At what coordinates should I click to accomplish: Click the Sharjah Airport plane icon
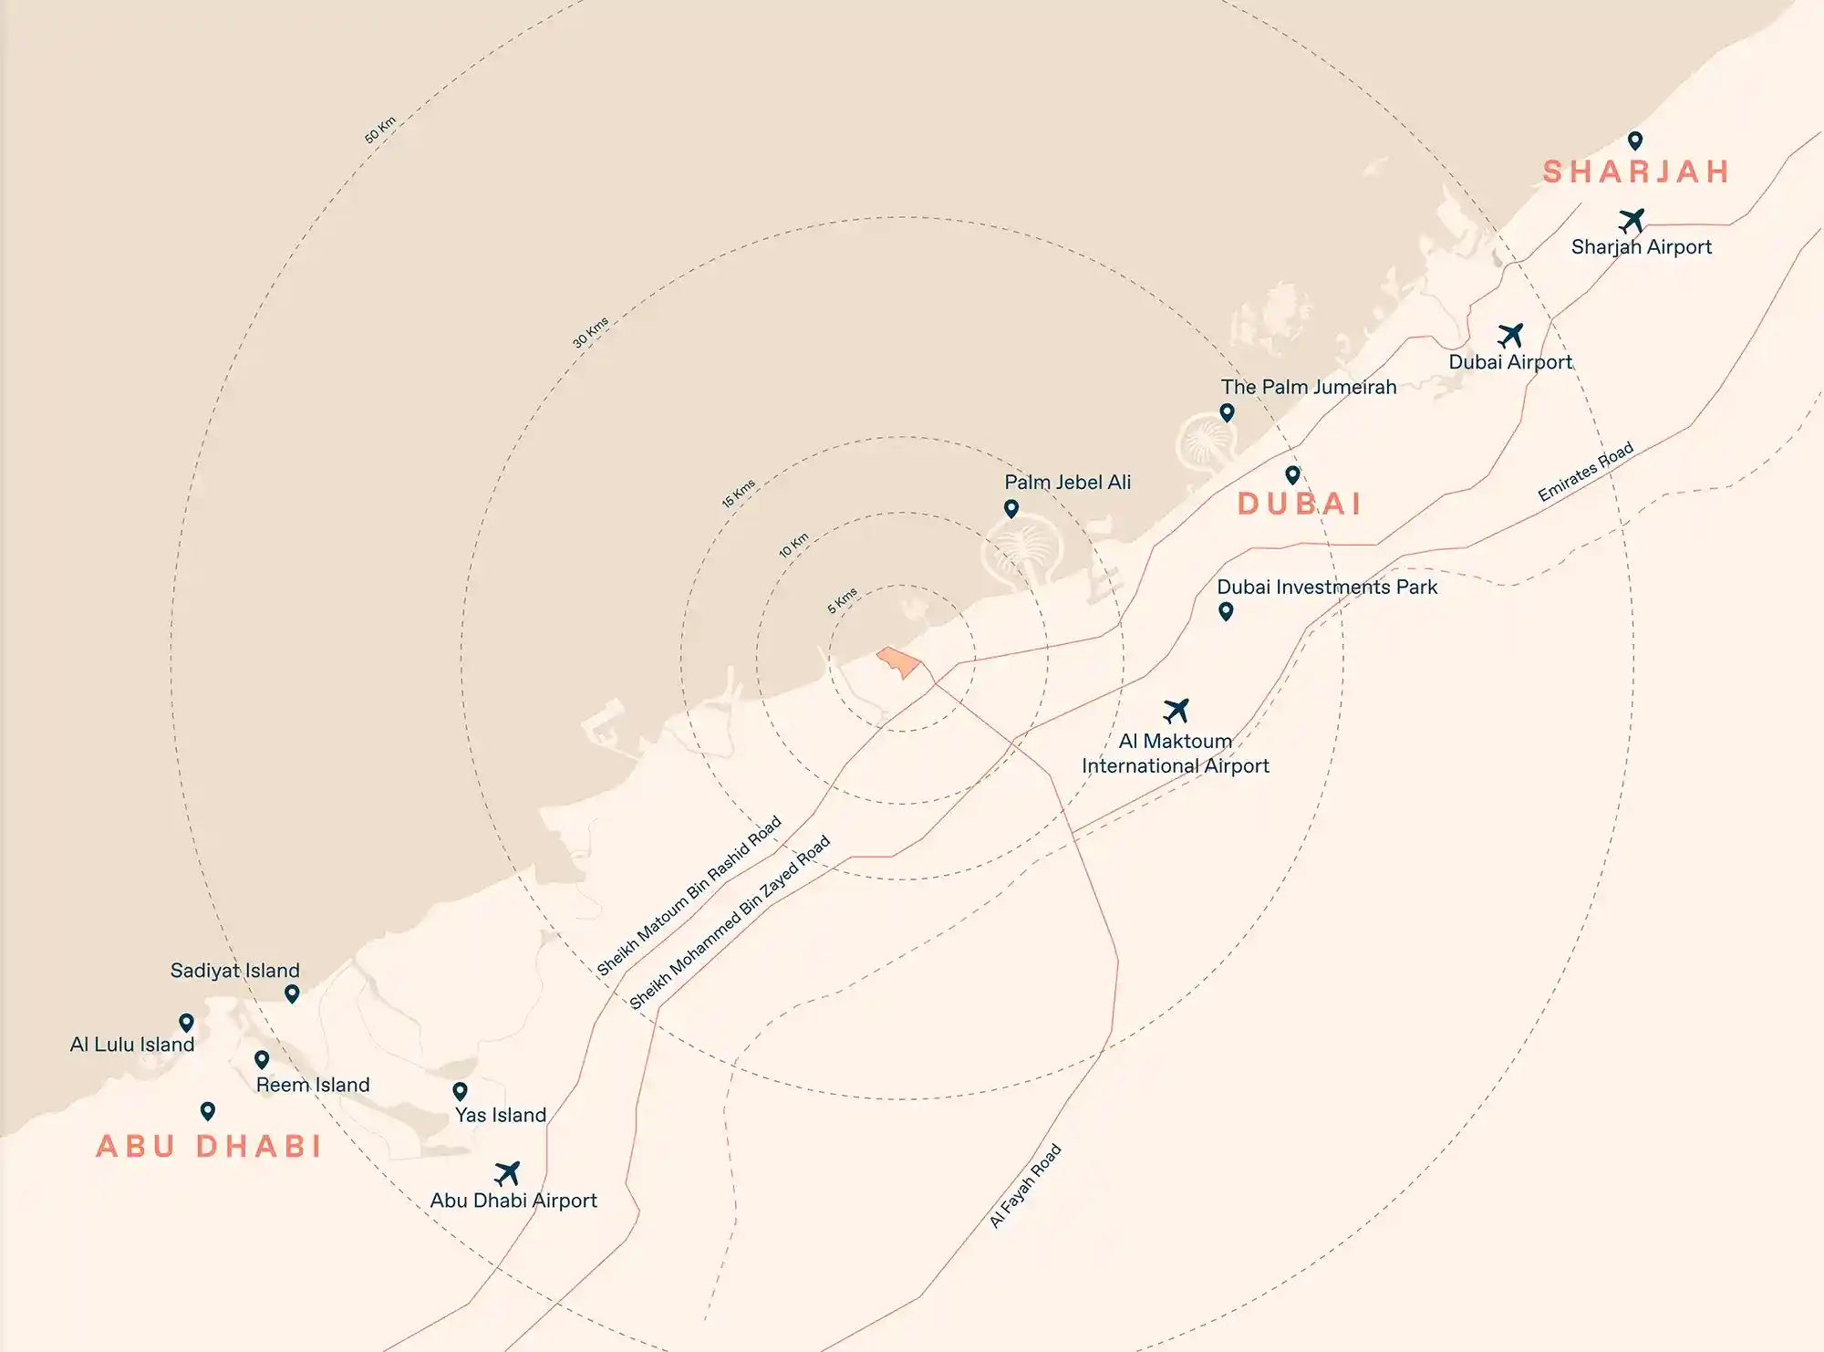[1632, 221]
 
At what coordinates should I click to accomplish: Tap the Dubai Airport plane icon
[1510, 335]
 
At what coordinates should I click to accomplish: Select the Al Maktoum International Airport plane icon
[1176, 710]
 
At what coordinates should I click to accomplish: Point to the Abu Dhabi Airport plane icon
[507, 1172]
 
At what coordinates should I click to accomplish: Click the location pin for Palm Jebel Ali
[1011, 508]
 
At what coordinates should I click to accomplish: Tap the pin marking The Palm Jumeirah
[1227, 412]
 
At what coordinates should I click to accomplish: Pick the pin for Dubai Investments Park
[1226, 611]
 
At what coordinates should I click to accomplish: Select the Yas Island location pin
[461, 1091]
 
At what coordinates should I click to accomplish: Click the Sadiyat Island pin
[292, 993]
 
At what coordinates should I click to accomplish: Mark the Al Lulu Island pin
[186, 1022]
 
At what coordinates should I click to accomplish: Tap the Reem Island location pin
[262, 1059]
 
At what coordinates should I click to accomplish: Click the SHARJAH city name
[1636, 172]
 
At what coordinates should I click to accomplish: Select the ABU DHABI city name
[209, 1146]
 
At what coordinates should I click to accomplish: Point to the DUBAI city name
[1300, 504]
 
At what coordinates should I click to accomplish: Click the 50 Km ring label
[380, 130]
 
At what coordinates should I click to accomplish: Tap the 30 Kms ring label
[590, 332]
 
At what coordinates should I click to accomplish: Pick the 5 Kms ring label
[843, 599]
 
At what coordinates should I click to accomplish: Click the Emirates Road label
[1585, 472]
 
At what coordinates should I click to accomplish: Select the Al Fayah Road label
[1026, 1186]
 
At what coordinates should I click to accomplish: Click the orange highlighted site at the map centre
[898, 661]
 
